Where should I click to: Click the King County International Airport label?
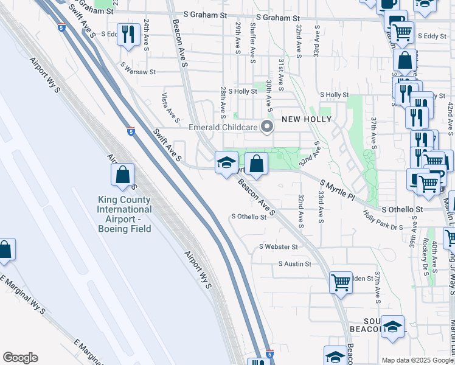tap(124, 214)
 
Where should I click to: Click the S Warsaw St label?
tap(138, 72)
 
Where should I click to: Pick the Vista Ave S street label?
tap(170, 106)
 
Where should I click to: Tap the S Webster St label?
tap(278, 247)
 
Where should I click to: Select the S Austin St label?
tap(294, 264)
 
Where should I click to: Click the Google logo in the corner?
tap(20, 358)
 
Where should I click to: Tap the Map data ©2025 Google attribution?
tap(417, 360)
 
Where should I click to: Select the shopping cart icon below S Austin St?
tap(341, 282)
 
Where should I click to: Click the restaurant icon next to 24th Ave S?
tap(128, 34)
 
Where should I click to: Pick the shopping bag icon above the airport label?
tap(122, 175)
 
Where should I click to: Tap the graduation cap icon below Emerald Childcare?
tap(226, 162)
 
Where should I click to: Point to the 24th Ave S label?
tap(147, 33)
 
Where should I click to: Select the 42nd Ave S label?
tap(450, 116)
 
